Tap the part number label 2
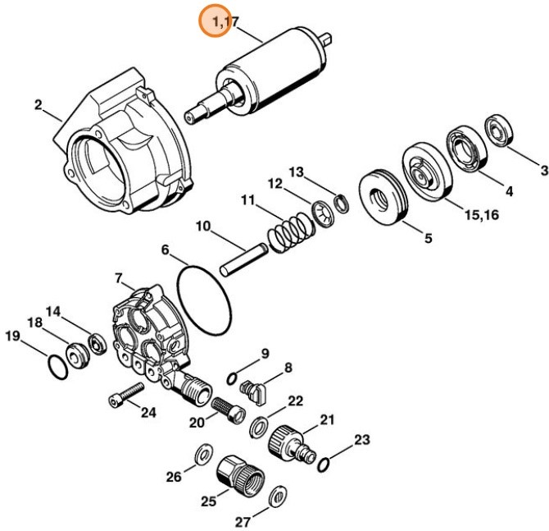point(38,104)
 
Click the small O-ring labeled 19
point(55,366)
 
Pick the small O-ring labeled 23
point(323,465)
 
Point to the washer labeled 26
point(201,455)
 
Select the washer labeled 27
point(279,496)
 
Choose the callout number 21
point(328,419)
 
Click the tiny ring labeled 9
point(233,378)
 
